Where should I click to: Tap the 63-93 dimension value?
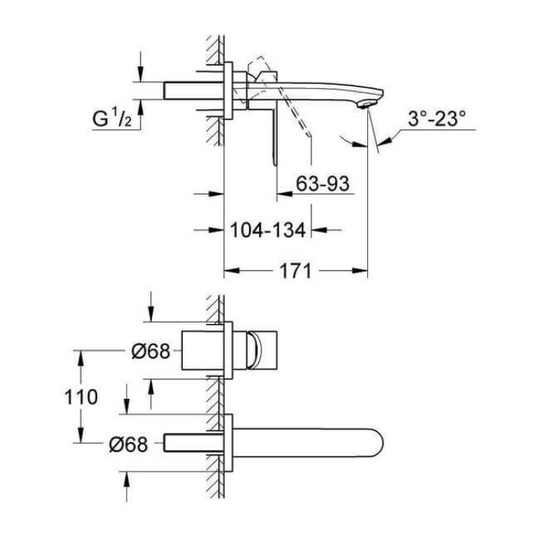pos(323,184)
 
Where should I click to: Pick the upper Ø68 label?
pos(146,351)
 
